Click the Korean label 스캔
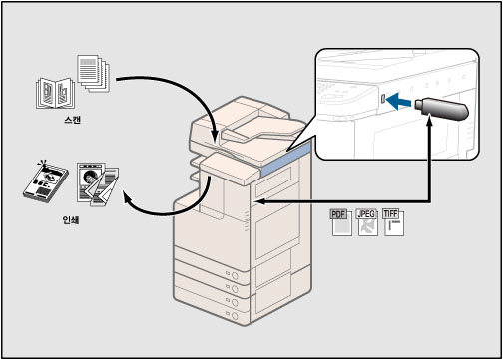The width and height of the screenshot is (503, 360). click(72, 120)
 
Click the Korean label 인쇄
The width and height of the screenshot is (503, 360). click(71, 220)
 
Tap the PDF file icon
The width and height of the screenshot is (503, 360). click(341, 222)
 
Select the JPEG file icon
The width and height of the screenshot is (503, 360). click(367, 222)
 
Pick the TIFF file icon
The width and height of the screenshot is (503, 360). click(394, 222)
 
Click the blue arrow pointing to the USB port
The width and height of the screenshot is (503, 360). click(399, 101)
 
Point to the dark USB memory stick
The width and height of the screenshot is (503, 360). click(442, 109)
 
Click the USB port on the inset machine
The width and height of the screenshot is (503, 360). click(383, 99)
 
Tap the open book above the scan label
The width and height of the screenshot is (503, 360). click(55, 93)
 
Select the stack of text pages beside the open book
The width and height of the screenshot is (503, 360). click(93, 73)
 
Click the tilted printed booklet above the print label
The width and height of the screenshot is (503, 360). click(46, 181)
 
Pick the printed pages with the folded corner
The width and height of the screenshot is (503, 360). click(98, 184)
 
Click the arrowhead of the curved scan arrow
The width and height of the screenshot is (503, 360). click(215, 137)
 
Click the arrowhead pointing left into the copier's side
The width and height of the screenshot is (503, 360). click(260, 201)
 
